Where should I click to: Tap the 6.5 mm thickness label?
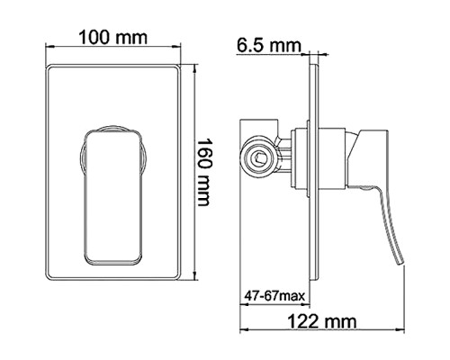(x=267, y=43)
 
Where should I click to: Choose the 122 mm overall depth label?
(x=320, y=320)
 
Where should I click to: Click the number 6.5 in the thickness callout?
(x=253, y=43)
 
